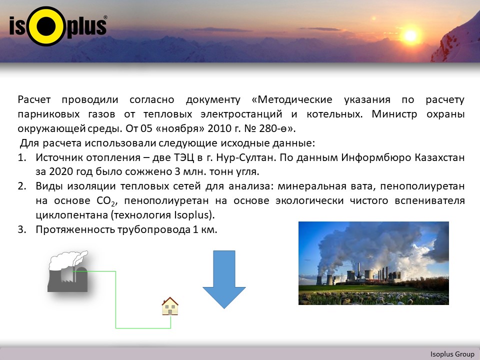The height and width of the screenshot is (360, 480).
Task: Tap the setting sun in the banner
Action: tap(410, 36)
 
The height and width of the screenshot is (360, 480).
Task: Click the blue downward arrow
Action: tap(224, 279)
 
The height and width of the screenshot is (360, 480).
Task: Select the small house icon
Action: tap(170, 306)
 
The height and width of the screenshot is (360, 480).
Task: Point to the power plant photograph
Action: tap(373, 263)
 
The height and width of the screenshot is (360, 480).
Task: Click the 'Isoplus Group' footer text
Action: tap(452, 354)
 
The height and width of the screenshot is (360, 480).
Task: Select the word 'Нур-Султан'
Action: tap(243, 157)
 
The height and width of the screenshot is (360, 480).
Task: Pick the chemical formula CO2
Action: tap(105, 201)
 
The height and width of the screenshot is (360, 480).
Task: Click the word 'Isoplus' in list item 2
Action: tap(190, 215)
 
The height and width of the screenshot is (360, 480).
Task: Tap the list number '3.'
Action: tap(21, 229)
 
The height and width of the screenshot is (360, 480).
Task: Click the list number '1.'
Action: tap(21, 157)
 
